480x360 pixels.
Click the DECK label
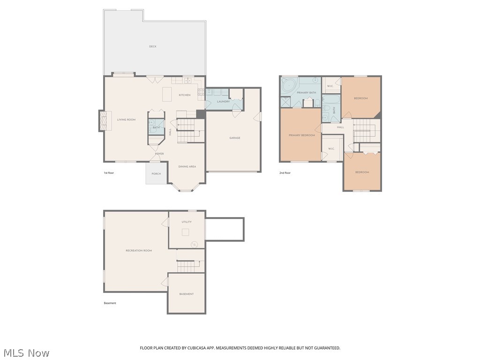(x=153, y=46)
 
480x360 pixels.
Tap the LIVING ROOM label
(x=126, y=120)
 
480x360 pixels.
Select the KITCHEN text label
(x=185, y=95)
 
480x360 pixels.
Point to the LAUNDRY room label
(x=223, y=101)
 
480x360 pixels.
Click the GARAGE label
(x=235, y=138)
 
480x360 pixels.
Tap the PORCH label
(x=156, y=174)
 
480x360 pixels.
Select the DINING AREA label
(x=187, y=166)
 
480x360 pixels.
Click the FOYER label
(x=159, y=154)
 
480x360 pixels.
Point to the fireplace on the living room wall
(x=102, y=120)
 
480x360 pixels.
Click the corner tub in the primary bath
(x=288, y=86)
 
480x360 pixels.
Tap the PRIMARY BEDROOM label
(x=301, y=135)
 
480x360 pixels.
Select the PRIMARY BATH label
(x=306, y=93)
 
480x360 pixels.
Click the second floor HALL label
(x=340, y=127)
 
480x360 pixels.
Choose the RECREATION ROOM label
(x=139, y=250)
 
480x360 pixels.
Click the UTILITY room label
(x=187, y=222)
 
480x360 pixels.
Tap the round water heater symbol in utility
(x=195, y=244)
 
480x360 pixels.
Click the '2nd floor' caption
(x=285, y=173)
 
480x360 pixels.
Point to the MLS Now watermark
(x=26, y=352)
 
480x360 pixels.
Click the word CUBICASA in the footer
(x=199, y=348)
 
